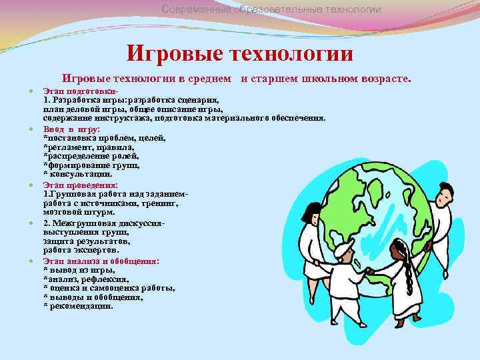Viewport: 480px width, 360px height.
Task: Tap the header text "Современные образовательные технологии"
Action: [272, 9]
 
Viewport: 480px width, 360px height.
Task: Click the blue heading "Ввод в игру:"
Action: [71, 128]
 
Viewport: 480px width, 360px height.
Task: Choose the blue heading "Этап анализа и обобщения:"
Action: [101, 260]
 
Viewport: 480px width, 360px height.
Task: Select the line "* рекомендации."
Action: [78, 306]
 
